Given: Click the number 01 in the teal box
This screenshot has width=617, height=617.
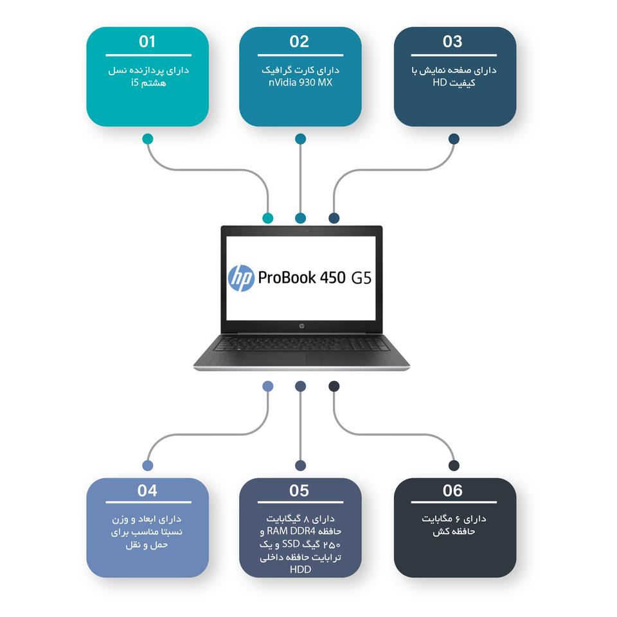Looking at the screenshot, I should (x=147, y=42).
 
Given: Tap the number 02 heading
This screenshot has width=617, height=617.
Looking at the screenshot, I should (x=300, y=42).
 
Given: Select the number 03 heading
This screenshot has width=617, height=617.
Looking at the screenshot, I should (x=452, y=42).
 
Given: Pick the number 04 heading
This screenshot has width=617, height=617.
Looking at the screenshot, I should (x=147, y=491).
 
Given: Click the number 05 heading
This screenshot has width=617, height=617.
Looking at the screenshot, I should (x=300, y=491).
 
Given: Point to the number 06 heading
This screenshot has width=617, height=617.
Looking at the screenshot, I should (x=452, y=491).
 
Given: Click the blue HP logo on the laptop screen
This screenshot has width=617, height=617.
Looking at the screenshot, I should (x=242, y=278).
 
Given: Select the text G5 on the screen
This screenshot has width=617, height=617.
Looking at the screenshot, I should (x=361, y=279).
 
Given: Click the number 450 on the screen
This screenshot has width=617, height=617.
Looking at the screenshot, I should (x=332, y=278).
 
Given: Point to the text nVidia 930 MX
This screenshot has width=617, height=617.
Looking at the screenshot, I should (x=300, y=82).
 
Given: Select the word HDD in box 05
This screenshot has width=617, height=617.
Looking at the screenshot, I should (x=300, y=569).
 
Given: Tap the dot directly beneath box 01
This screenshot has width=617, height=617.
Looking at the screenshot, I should (x=148, y=138).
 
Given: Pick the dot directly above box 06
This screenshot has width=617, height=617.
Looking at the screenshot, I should (x=454, y=465).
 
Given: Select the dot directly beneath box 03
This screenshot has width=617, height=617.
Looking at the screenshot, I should (x=454, y=138).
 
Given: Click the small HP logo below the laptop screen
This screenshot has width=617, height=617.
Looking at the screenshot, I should (x=301, y=326).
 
